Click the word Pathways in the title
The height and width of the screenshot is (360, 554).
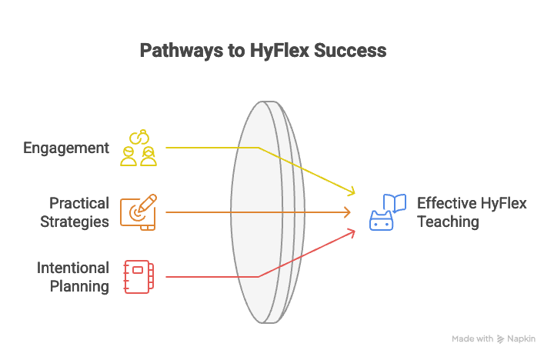pos(182,51)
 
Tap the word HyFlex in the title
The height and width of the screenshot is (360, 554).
pos(279,51)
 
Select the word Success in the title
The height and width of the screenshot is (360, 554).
pos(350,50)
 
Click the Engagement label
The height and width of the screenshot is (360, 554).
pos(66,148)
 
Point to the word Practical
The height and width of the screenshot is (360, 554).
pos(79,203)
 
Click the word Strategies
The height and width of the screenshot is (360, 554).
pos(75,222)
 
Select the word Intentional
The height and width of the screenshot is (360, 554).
pos(73,268)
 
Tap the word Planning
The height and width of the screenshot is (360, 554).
pos(79,286)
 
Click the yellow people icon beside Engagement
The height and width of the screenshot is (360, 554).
pos(138,148)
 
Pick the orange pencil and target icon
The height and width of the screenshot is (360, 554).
pos(138,212)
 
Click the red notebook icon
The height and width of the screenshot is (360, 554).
pos(138,277)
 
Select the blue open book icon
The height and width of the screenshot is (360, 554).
pos(395,202)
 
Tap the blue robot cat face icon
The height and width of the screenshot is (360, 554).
pos(381,221)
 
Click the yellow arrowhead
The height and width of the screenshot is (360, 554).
pos(351,191)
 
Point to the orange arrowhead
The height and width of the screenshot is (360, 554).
pos(347,212)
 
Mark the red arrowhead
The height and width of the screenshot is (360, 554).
pos(351,234)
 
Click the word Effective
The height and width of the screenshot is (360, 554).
pos(446,203)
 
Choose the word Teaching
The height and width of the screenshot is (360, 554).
pos(448,222)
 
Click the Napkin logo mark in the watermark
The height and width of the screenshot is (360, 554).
pos(500,339)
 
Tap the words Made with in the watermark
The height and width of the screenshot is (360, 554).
pos(472,338)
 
